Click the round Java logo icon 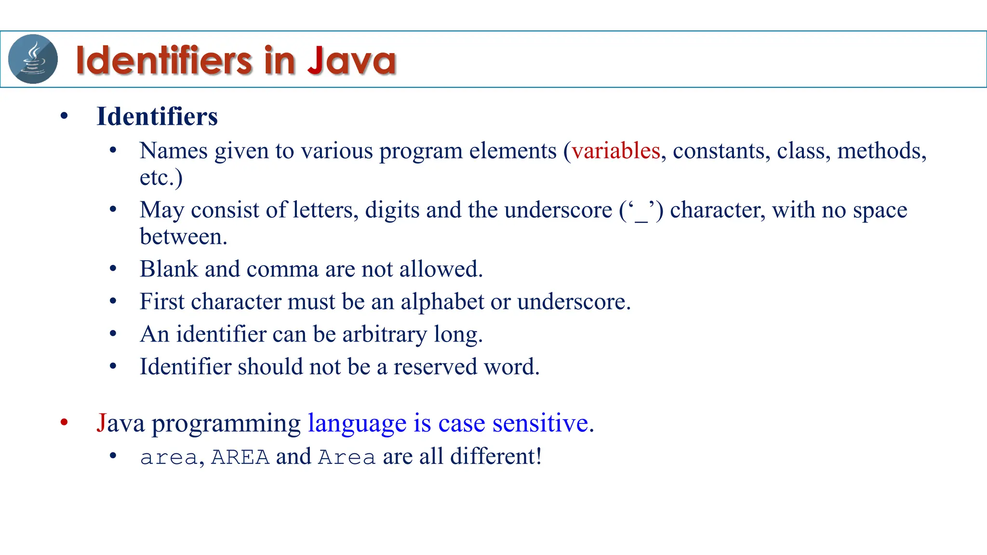click(x=33, y=59)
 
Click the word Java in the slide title click(x=351, y=60)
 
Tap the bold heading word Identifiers click(x=157, y=117)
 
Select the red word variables click(x=615, y=151)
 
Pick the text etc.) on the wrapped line click(x=161, y=177)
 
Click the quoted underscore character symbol click(x=641, y=211)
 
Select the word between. click(x=183, y=237)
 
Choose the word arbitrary click(x=384, y=334)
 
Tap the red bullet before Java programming click(x=64, y=423)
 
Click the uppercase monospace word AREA click(x=240, y=457)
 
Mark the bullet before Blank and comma click(x=113, y=269)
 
